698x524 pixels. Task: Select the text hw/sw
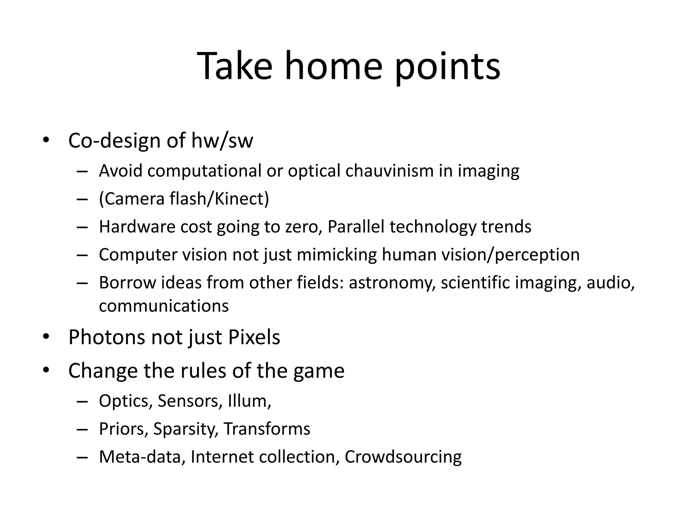tap(222, 141)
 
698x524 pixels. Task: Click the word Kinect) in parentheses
tap(242, 199)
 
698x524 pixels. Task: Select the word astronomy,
tap(392, 283)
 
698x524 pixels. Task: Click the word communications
tap(164, 306)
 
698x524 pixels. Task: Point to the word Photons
tap(107, 337)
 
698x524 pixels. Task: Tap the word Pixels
tap(254, 337)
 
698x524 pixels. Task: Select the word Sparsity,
tap(186, 429)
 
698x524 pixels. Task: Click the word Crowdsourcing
tap(403, 457)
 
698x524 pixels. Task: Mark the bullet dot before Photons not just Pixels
tap(46, 337)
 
